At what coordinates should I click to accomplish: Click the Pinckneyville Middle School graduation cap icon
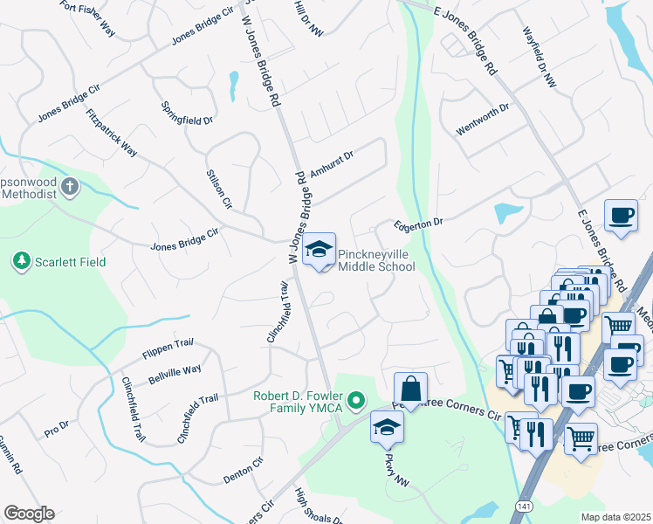point(320,248)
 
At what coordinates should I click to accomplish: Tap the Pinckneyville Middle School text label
point(376,259)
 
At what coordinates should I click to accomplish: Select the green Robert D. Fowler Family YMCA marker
point(355,401)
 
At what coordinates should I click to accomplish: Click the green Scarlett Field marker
point(20,261)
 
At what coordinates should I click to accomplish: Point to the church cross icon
point(70,187)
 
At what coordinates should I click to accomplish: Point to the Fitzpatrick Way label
point(111,132)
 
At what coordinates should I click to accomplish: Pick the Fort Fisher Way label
point(87,17)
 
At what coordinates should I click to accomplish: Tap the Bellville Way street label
point(175,375)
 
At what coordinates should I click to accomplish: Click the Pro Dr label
point(56,431)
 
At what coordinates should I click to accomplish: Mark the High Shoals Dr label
point(318,507)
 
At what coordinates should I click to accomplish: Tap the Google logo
point(29,514)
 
